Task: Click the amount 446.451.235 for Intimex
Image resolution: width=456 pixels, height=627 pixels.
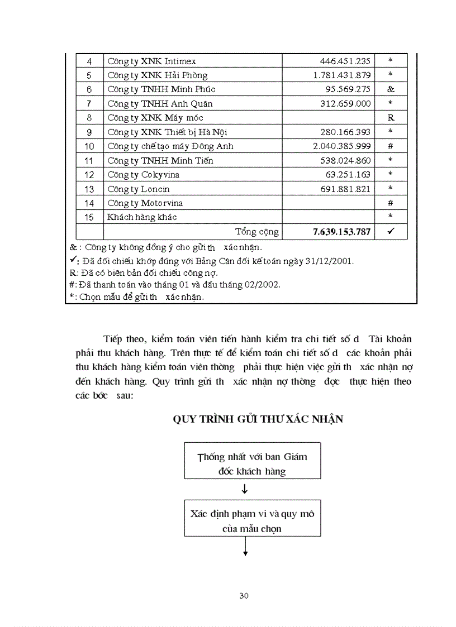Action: [345, 61]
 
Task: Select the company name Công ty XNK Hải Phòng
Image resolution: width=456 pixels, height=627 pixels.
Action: [157, 75]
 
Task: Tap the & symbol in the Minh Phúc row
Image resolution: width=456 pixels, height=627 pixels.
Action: [390, 89]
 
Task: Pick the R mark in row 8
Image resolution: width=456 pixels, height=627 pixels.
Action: [390, 118]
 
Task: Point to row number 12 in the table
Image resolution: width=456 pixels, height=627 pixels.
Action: [89, 175]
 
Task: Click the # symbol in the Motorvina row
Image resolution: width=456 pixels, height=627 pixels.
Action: [390, 203]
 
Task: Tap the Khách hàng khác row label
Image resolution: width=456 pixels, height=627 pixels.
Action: [142, 217]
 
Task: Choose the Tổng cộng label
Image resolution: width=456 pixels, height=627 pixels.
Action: [256, 232]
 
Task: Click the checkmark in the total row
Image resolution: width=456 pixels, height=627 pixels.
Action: [390, 231]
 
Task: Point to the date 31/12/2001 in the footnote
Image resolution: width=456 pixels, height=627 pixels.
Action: [330, 261]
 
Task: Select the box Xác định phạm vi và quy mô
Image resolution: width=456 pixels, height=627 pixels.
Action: [252, 520]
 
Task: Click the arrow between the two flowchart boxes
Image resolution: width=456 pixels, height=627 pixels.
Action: [245, 490]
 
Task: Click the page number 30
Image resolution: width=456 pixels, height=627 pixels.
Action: [244, 596]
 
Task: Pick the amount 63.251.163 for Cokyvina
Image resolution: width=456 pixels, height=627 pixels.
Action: [348, 175]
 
